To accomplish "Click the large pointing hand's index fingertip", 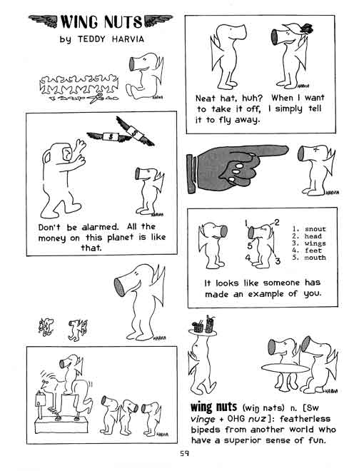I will coord(286,151).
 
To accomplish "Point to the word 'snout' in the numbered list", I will coord(315,229).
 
